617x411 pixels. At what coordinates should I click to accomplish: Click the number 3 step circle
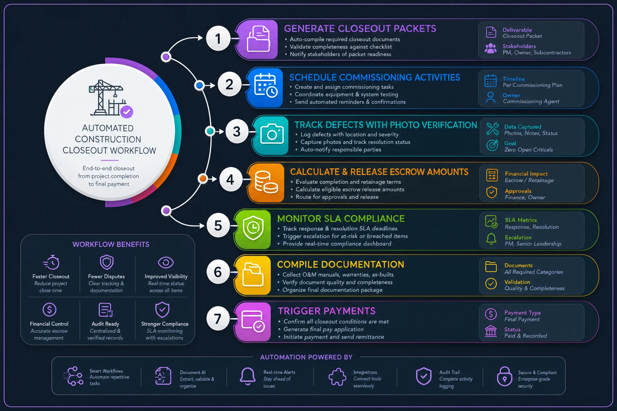237,131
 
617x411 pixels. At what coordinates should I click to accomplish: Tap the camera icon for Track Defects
272,134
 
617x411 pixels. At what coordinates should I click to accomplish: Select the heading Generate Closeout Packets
360,28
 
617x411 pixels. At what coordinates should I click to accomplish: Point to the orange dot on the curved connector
203,179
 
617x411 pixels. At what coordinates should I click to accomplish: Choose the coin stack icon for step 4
266,182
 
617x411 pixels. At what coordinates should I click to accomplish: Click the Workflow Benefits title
111,244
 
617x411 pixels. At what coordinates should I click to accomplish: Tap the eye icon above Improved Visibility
166,262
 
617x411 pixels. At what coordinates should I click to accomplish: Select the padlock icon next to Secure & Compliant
505,376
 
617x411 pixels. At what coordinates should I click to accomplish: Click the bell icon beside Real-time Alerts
247,376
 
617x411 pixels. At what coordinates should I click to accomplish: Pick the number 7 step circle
218,319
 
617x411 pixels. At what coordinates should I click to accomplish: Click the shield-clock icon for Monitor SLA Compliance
253,228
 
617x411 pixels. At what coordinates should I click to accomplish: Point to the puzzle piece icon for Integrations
337,376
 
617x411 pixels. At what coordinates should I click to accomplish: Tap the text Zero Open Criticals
529,150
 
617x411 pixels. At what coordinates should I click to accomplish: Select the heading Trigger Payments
327,311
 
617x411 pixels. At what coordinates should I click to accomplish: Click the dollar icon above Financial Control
49,309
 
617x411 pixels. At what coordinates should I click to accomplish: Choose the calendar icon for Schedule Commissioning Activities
266,85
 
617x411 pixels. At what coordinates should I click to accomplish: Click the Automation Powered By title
306,357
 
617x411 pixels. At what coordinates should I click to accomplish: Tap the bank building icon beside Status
491,331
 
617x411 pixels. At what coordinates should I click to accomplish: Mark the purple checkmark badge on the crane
127,112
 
